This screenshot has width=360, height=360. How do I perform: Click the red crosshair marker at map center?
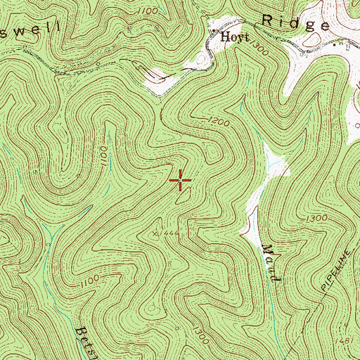coord(181,181)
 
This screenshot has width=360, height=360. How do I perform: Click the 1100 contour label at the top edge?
coord(148,11)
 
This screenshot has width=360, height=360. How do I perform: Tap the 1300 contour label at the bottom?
coord(202,330)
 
